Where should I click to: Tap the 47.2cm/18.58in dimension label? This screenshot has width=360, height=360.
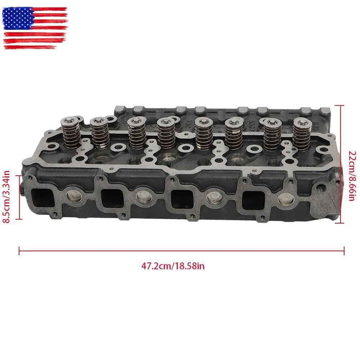[x=173, y=266]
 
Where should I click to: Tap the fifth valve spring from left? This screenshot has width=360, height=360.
[x=202, y=133]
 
